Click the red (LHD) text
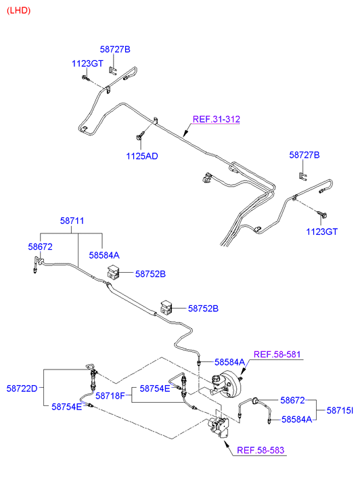click(18, 11)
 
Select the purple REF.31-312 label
click(217, 119)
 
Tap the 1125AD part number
click(142, 156)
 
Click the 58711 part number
click(72, 221)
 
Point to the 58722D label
click(22, 388)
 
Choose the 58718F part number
click(110, 396)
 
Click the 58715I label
click(340, 410)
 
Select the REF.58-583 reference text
click(261, 450)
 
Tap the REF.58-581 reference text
click(277, 355)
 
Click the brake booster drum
click(231, 384)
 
